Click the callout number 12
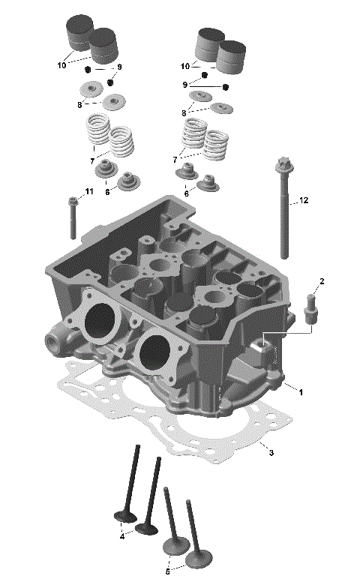(x=304, y=200)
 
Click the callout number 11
(x=89, y=192)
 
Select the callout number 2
(x=322, y=282)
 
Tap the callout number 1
(x=301, y=391)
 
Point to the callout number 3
(x=271, y=453)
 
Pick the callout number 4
(x=121, y=537)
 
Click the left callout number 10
(x=61, y=65)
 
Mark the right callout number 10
(x=184, y=66)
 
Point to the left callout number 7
(x=91, y=160)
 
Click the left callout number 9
(x=118, y=67)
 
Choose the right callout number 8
(x=184, y=112)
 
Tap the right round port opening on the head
(x=155, y=352)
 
